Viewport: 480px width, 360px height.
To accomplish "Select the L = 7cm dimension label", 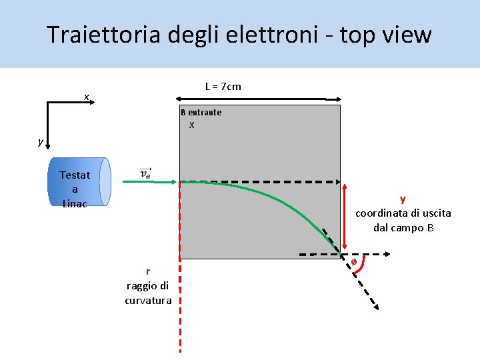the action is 223,87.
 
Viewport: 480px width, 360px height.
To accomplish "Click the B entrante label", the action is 201,112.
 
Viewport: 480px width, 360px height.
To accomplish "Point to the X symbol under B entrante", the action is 192,125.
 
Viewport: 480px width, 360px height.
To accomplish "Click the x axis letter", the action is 86,97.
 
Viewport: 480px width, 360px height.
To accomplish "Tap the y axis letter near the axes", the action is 41,141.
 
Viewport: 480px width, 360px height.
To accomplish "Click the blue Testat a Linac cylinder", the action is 78,182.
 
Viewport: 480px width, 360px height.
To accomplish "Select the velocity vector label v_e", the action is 146,173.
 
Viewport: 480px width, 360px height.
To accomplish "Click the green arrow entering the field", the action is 154,181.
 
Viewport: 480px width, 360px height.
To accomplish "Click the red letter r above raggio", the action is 148,271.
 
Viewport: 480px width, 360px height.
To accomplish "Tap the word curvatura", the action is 148,300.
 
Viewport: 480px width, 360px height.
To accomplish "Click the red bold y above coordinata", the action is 403,199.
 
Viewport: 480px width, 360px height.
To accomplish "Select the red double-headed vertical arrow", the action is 344,217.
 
